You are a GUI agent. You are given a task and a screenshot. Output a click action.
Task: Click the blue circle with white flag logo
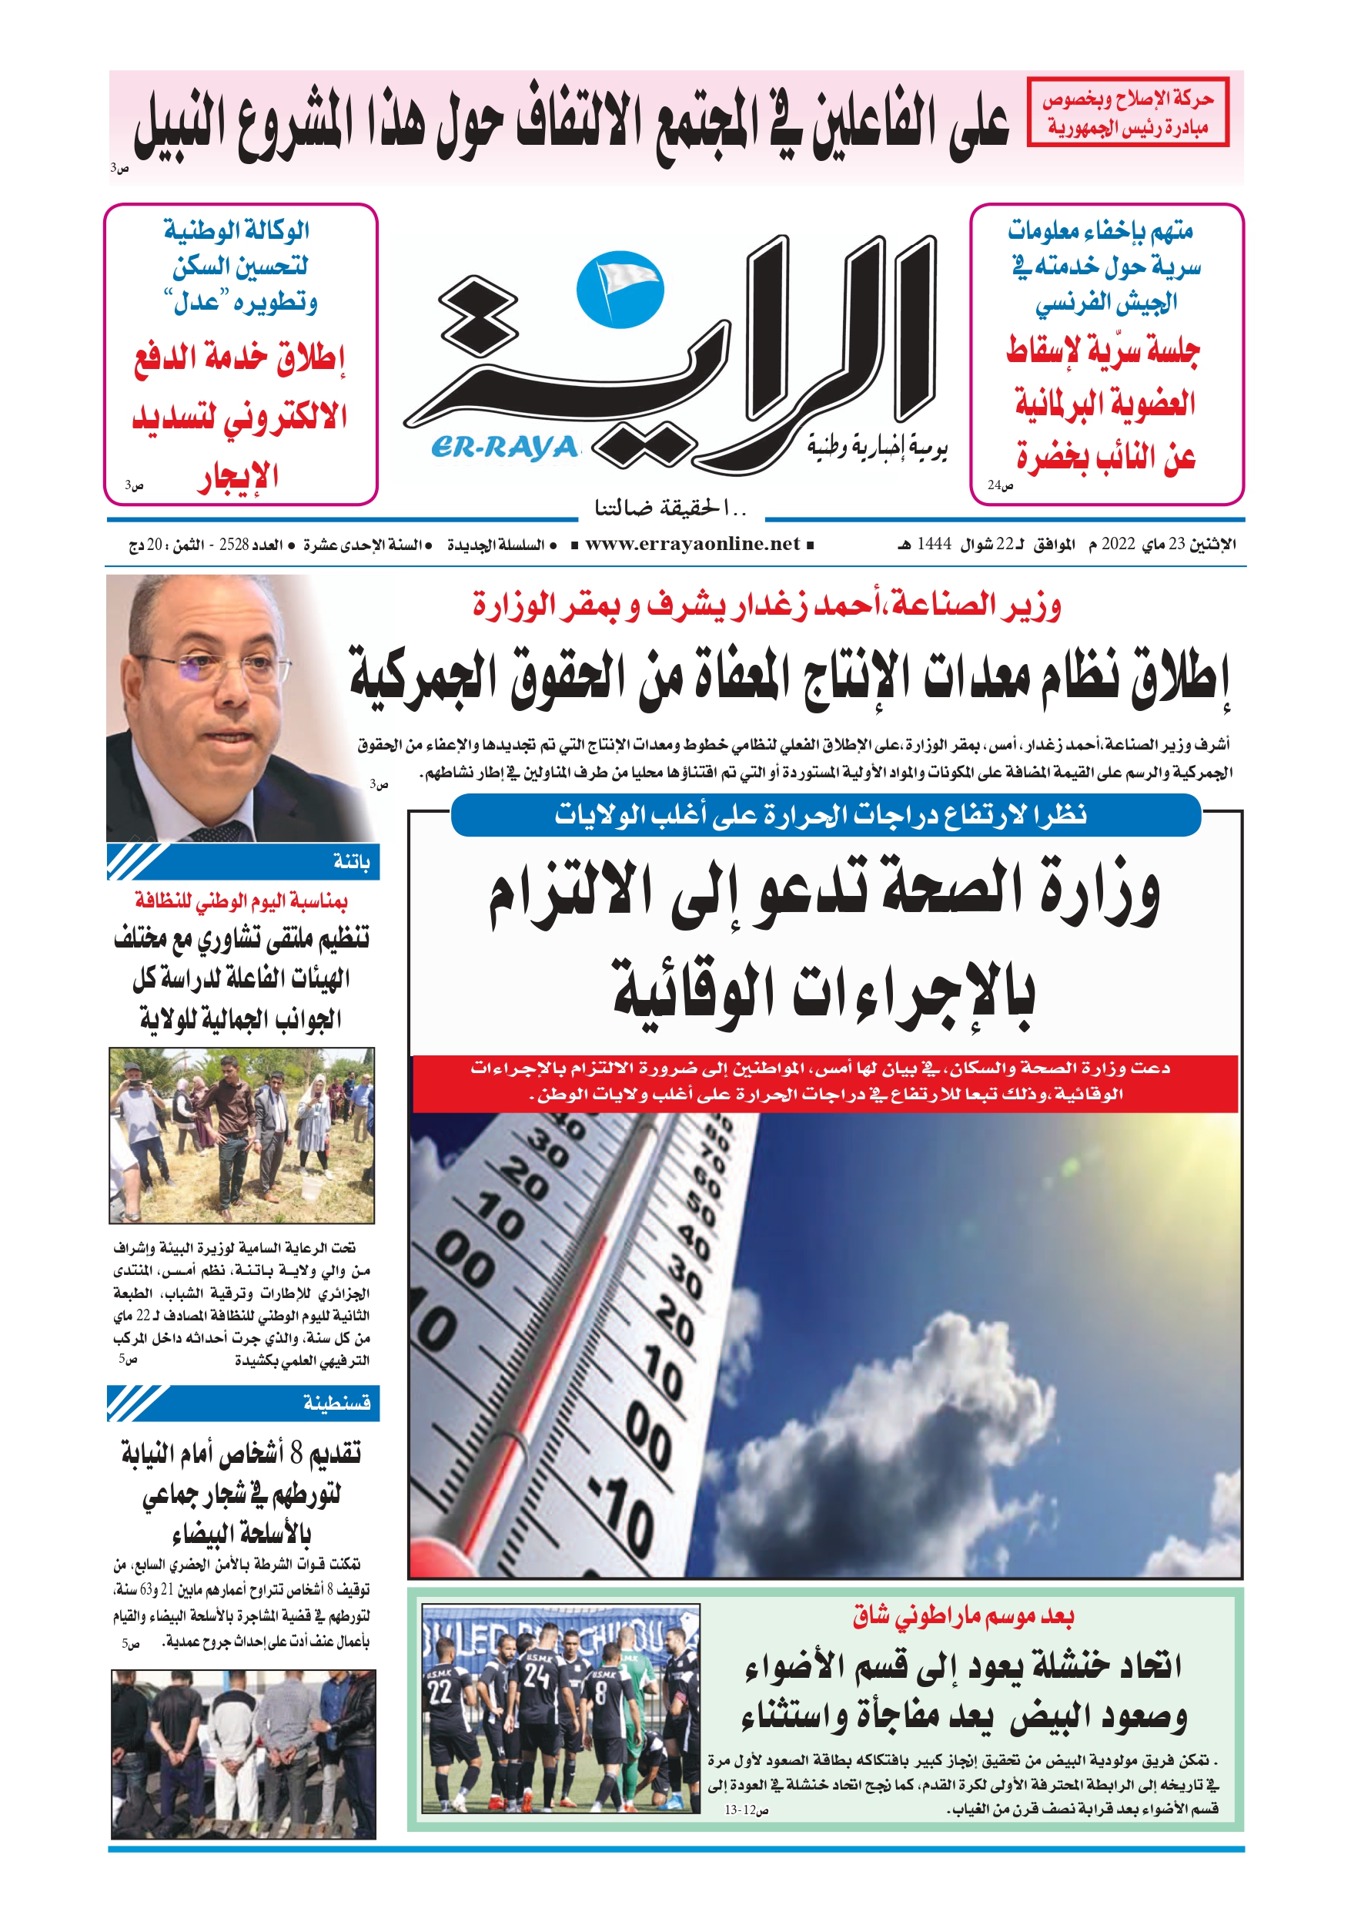620,290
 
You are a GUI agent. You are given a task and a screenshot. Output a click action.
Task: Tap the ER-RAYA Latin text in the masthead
504,448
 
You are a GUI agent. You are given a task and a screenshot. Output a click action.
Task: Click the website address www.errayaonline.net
692,545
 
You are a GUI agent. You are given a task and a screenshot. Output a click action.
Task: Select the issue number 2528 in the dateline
234,545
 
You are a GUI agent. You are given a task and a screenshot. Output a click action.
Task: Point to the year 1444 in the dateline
934,545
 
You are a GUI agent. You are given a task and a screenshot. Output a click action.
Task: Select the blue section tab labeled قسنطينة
336,1404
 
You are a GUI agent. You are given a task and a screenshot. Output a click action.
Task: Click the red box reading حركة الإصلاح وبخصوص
1127,112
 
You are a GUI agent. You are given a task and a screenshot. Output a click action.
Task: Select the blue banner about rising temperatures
825,814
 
